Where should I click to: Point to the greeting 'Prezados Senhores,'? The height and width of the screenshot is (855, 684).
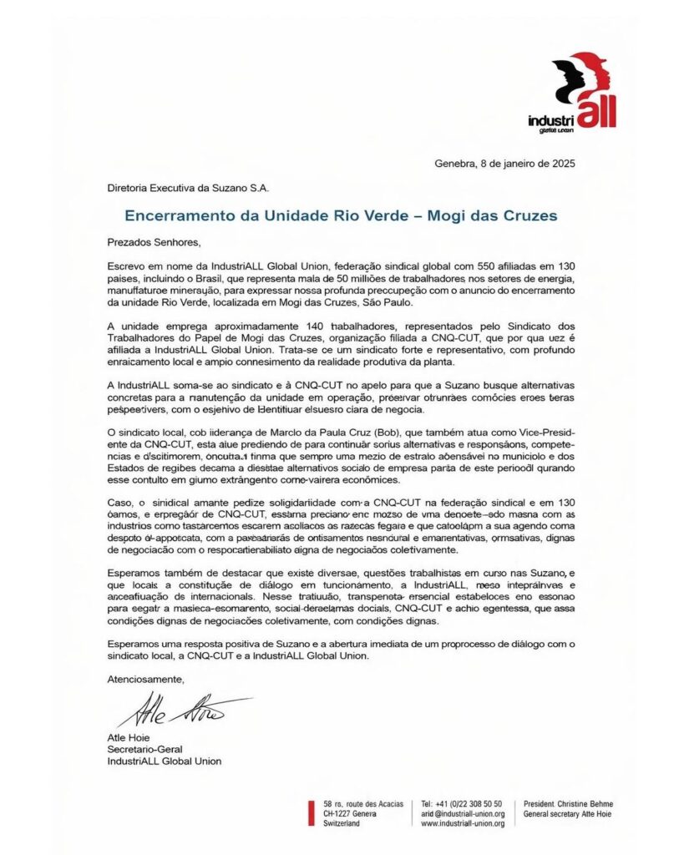click(155, 242)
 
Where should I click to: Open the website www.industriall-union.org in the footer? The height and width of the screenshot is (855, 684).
click(463, 823)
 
